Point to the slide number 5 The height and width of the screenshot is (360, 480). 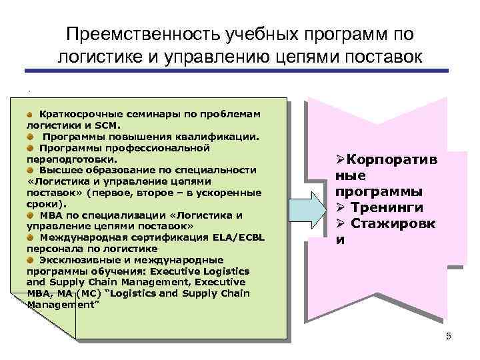pyautogui.click(x=449, y=337)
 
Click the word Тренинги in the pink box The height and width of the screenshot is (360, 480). pyautogui.click(x=389, y=207)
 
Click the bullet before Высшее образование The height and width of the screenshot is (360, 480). pyautogui.click(x=31, y=169)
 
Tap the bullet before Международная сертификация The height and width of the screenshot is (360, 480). pyautogui.click(x=31, y=237)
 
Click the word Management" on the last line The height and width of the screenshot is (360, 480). pyautogui.click(x=63, y=304)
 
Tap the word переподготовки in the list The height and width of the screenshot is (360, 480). pyautogui.click(x=71, y=159)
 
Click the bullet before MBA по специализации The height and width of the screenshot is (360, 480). pyautogui.click(x=31, y=214)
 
